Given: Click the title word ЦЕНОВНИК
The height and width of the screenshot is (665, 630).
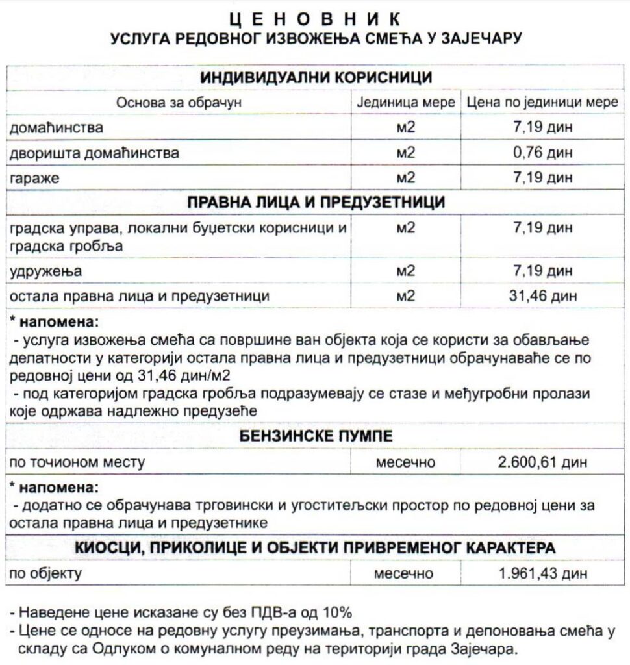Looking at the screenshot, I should pyautogui.click(x=315, y=18).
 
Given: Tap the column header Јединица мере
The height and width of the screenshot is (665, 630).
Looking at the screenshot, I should pyautogui.click(x=406, y=103).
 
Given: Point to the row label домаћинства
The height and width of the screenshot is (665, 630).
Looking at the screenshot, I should pyautogui.click(x=56, y=127).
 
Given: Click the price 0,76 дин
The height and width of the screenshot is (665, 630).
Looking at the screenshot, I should pyautogui.click(x=543, y=153).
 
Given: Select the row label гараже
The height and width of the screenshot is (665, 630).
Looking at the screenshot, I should pyautogui.click(x=34, y=178).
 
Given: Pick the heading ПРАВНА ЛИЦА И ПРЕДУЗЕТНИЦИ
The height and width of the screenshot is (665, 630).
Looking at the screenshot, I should pyautogui.click(x=316, y=203).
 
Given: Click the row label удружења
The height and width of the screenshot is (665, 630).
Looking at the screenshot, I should pyautogui.click(x=45, y=271).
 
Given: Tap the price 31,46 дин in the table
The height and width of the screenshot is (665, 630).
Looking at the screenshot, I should pyautogui.click(x=543, y=296).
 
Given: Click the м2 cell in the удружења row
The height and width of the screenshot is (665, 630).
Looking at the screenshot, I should pyautogui.click(x=405, y=271).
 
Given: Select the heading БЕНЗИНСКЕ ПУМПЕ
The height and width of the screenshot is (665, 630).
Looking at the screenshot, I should pyautogui.click(x=316, y=435).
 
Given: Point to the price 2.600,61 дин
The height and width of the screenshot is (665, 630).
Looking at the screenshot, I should pyautogui.click(x=543, y=462).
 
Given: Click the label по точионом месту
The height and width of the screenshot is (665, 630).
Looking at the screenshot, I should pyautogui.click(x=77, y=462).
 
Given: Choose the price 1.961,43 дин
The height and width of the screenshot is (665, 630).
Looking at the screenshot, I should pyautogui.click(x=543, y=574).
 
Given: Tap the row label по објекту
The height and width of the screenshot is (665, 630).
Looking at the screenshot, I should pyautogui.click(x=46, y=574).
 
